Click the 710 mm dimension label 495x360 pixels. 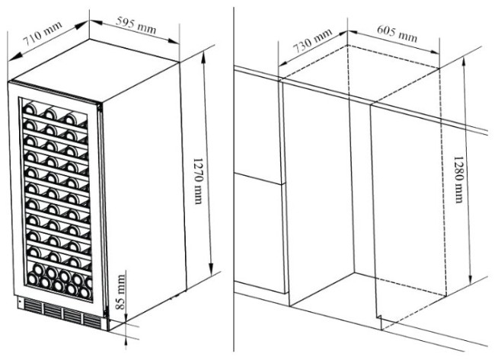[43, 33]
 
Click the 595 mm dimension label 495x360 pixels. [136, 25]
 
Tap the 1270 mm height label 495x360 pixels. [197, 181]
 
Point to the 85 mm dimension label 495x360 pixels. [120, 292]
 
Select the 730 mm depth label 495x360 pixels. [312, 40]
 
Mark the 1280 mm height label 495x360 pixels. [458, 179]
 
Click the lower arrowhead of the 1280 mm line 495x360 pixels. [470, 279]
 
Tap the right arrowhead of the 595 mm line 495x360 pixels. [174, 41]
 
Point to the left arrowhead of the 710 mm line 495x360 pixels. [13, 57]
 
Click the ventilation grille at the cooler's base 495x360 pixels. [62, 312]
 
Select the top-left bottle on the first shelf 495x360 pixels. [30, 109]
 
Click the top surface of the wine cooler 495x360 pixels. [94, 70]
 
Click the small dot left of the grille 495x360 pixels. [20, 301]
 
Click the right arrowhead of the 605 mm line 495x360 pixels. [433, 52]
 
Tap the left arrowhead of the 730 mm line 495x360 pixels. [283, 63]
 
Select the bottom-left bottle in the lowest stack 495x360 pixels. [32, 279]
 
